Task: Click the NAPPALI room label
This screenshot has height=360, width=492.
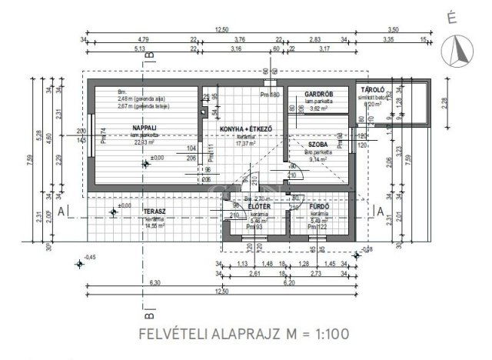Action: click(124, 128)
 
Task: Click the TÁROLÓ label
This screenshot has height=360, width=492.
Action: click(373, 91)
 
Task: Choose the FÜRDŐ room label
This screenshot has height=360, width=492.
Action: click(319, 207)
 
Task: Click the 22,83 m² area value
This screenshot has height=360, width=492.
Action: click(124, 142)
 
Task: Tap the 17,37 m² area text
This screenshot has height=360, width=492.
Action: click(244, 142)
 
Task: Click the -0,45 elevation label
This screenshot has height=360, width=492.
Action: click(91, 257)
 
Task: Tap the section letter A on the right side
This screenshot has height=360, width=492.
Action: click(376, 211)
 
